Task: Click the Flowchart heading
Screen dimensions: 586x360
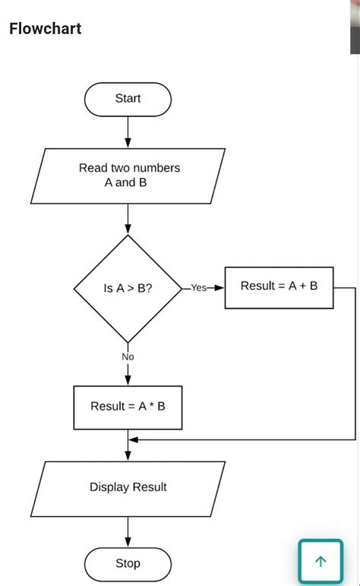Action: [x=45, y=29]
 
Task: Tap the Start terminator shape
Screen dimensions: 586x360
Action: [x=128, y=99]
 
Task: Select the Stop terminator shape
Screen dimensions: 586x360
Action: [x=128, y=563]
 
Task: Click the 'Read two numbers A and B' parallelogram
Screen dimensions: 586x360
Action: [x=128, y=175]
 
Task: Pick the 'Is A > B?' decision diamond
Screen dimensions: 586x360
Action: [x=128, y=288]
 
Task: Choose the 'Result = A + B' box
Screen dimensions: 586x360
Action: [x=279, y=286]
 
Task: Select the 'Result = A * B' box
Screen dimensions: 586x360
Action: [x=128, y=406]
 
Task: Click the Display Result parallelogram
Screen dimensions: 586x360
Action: [x=128, y=487]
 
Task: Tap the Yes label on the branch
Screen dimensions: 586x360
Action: [x=198, y=288]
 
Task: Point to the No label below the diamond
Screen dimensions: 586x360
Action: [x=128, y=356]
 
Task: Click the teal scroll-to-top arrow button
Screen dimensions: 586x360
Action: [x=321, y=561]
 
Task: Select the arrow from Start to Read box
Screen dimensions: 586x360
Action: [x=128, y=131]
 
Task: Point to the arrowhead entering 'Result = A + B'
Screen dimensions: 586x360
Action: [x=220, y=288]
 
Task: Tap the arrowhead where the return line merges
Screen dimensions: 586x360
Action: [x=133, y=439]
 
